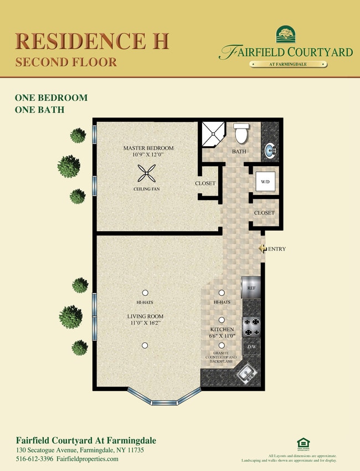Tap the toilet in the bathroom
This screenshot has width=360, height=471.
click(241, 134)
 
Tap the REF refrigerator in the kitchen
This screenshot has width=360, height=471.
click(250, 288)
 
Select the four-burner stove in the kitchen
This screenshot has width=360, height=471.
click(251, 327)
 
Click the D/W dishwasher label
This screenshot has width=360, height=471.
click(251, 347)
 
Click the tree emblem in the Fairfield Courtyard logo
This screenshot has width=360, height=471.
click(286, 35)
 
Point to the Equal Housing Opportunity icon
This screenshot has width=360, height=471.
click(303, 443)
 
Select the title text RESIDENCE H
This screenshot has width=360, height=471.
click(91, 42)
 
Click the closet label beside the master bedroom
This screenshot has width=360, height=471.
click(205, 183)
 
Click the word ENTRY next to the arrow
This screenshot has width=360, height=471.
click(277, 249)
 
